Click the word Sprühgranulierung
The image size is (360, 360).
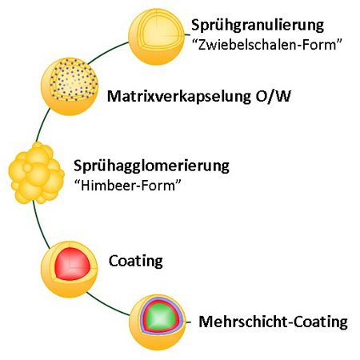258,26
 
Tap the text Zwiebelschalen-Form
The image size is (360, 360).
267,45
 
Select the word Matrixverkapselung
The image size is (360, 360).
179,96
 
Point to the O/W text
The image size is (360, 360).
274,96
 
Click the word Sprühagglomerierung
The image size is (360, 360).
151,166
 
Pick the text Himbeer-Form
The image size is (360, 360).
128,185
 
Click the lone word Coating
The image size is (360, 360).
136,261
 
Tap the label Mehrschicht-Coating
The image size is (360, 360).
274,322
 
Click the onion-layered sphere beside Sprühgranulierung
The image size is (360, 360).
156,37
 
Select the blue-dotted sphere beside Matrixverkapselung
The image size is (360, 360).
70,86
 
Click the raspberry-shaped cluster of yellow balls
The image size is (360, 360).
36,174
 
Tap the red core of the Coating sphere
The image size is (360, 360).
72,264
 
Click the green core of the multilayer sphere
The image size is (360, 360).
160,318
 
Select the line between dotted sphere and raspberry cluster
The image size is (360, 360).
42,124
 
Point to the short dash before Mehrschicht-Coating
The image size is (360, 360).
189,322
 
